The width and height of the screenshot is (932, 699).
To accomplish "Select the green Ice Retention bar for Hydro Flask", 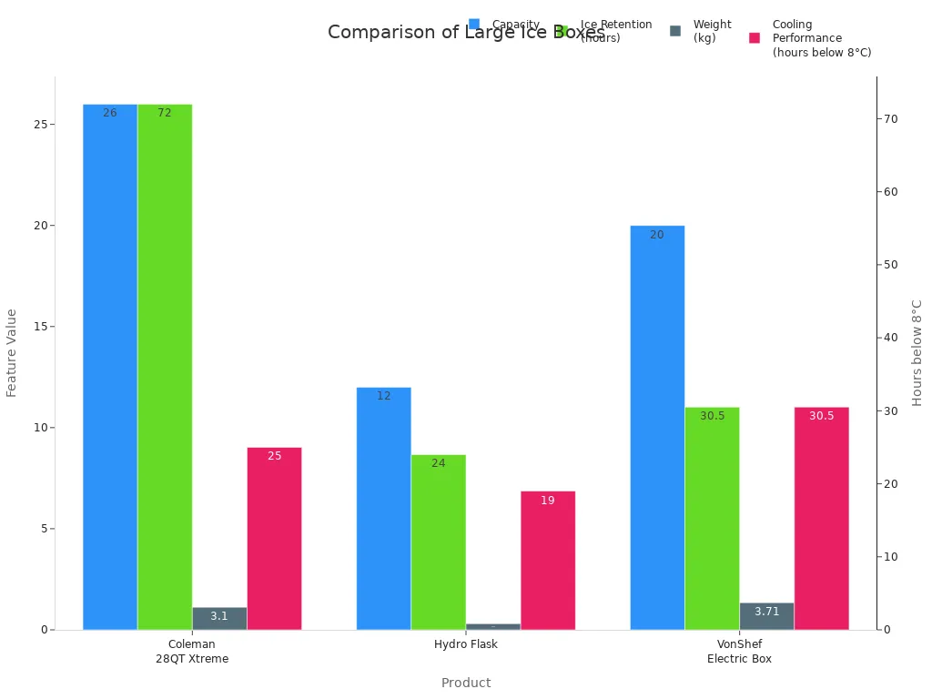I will click(438, 542).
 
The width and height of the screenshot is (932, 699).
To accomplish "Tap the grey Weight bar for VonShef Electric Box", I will click(766, 616).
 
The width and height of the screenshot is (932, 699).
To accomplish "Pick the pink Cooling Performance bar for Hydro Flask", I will click(548, 560).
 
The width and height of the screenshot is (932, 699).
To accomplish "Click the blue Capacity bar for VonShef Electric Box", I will click(657, 428).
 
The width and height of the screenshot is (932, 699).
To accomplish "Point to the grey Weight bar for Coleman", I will click(219, 619).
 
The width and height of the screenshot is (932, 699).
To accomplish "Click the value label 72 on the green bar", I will click(165, 113).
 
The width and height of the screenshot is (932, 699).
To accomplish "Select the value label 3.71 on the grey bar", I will click(766, 612).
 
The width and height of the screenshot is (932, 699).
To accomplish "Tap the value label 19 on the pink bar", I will click(548, 501).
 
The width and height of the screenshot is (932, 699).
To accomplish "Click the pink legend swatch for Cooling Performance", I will click(755, 38).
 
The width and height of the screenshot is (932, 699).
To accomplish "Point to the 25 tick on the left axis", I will click(41, 125).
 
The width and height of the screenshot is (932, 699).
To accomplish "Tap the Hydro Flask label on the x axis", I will click(466, 644).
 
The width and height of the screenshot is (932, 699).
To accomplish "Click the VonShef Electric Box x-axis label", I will click(739, 652).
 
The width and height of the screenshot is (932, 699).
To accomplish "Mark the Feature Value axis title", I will click(12, 352).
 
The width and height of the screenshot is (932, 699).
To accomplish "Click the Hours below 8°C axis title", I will click(917, 352).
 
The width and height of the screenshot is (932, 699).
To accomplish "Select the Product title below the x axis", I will click(466, 683).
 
